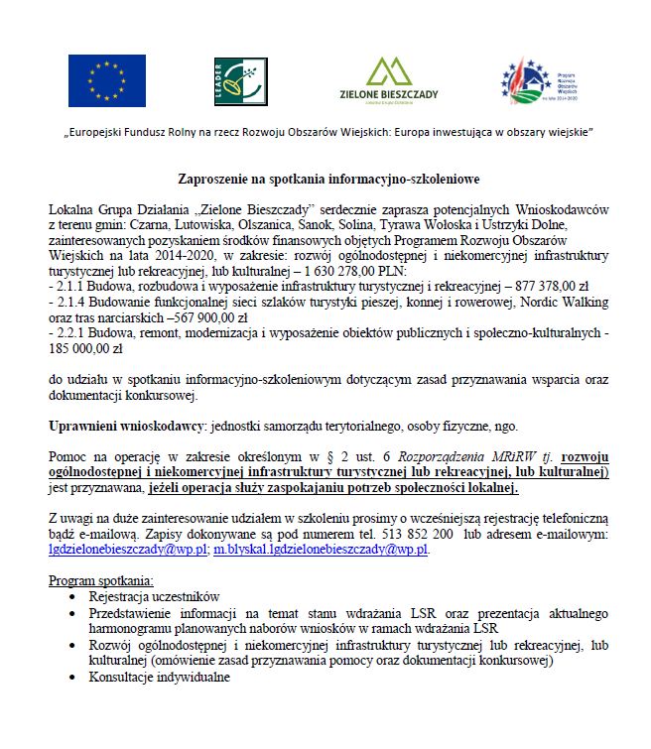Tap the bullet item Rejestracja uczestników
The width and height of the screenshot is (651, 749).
point(153,597)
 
